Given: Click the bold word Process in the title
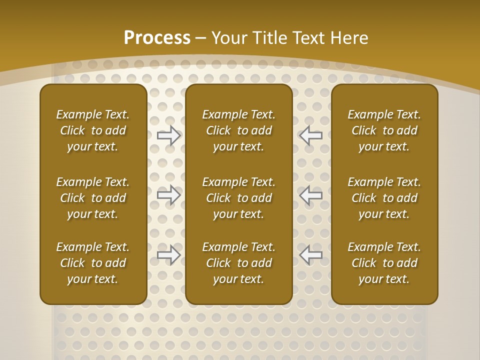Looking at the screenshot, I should [x=157, y=38].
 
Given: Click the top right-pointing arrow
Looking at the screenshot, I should [x=169, y=135].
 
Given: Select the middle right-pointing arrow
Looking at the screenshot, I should [x=169, y=195].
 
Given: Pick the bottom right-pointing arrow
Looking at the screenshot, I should [x=169, y=255].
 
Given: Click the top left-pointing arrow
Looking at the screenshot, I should [x=311, y=135].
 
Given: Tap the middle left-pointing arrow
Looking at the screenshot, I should [x=311, y=195].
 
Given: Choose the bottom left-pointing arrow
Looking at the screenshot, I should [x=311, y=255].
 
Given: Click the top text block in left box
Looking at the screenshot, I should [x=93, y=130].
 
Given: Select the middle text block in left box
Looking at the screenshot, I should [x=93, y=198].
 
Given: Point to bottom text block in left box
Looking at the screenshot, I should [x=93, y=263].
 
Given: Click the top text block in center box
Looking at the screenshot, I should [x=238, y=130].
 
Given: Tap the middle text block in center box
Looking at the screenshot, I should [x=238, y=198].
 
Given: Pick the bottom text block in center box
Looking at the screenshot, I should [x=238, y=263].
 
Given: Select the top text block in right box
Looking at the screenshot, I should [x=384, y=130].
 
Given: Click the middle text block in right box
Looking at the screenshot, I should [x=384, y=198].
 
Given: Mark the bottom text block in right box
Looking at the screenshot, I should [x=384, y=263].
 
